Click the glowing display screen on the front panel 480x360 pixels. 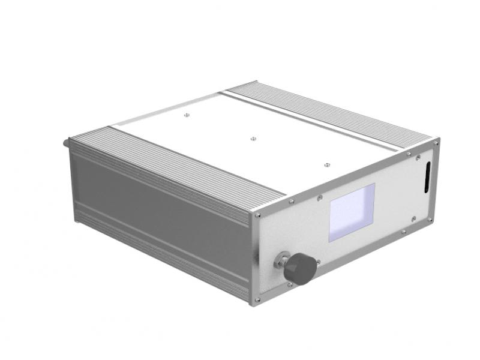[x=352, y=212]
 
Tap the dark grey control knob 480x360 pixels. [x=299, y=268]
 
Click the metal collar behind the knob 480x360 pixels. [x=281, y=262]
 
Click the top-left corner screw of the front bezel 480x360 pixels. [x=258, y=215]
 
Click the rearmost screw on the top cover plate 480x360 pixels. [x=186, y=112]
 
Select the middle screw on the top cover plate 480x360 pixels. [x=253, y=138]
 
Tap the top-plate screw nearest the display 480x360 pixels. [x=326, y=164]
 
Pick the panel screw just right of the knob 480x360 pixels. [x=319, y=262]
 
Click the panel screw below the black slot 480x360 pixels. [x=413, y=218]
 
